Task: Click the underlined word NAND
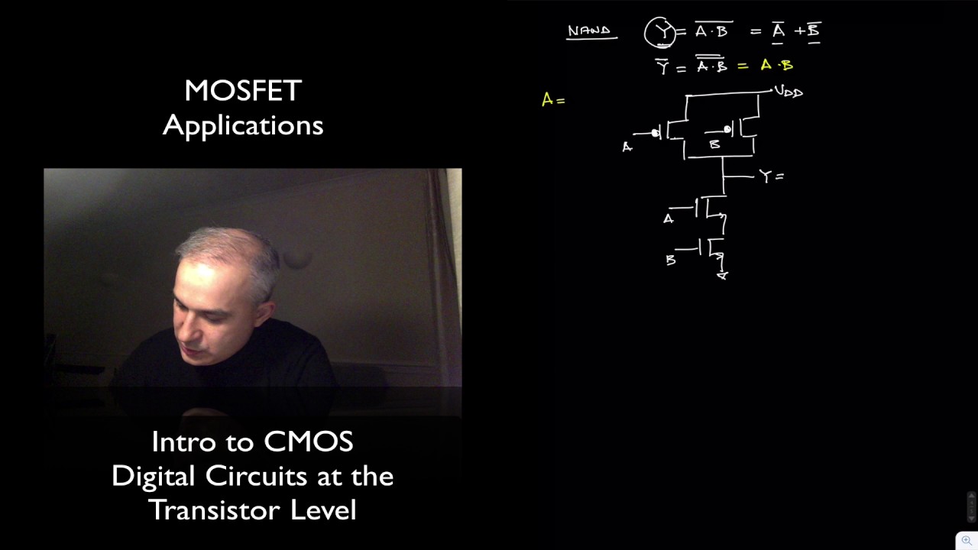click(x=589, y=31)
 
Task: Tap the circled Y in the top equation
click(x=660, y=32)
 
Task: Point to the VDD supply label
click(x=789, y=92)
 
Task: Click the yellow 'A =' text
click(x=552, y=100)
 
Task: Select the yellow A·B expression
click(x=776, y=66)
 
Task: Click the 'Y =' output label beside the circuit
click(x=771, y=176)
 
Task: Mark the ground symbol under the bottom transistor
click(x=722, y=275)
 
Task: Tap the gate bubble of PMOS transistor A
click(x=656, y=134)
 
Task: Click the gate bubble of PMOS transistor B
click(x=727, y=130)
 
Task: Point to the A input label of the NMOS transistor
click(x=669, y=219)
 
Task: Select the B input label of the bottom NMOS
click(x=671, y=260)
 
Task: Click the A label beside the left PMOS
click(x=627, y=147)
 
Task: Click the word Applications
click(x=243, y=125)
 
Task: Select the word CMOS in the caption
click(x=308, y=442)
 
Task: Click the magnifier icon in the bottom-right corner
click(x=967, y=540)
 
